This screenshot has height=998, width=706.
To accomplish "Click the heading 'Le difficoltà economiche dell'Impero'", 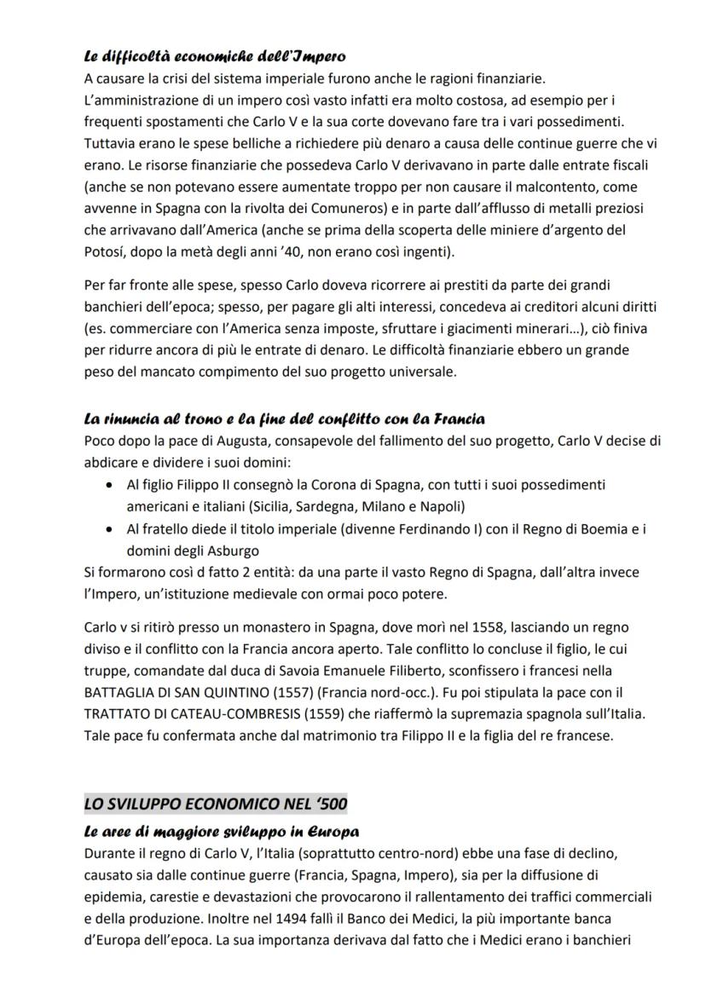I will point(214,57).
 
